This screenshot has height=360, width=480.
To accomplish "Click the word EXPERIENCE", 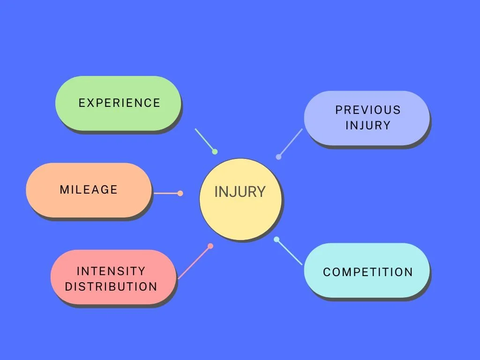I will (119, 103).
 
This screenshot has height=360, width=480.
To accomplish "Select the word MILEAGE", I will (89, 190).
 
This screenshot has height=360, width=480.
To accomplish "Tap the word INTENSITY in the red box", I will (111, 271).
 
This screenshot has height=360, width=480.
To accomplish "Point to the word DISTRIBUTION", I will (111, 286).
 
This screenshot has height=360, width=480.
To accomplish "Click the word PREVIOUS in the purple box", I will (368, 110).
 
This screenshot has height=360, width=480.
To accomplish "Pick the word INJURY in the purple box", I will (368, 125).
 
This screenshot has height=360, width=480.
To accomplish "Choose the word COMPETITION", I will (368, 272).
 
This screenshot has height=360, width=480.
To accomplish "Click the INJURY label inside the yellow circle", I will (240, 192).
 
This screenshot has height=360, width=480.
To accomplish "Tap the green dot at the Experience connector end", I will (215, 151).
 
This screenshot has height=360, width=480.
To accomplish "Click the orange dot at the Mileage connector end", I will (180, 193).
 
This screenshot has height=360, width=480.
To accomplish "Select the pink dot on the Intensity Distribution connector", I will (210, 246).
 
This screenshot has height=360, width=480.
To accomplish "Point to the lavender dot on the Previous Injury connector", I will (278, 157).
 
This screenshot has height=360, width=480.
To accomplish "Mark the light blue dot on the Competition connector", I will (277, 240).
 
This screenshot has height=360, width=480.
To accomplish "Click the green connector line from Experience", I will (204, 139).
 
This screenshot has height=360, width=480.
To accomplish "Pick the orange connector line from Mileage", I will (166, 193).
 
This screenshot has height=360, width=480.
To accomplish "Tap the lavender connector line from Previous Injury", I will (291, 142).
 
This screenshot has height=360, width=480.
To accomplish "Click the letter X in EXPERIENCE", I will (90, 103).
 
